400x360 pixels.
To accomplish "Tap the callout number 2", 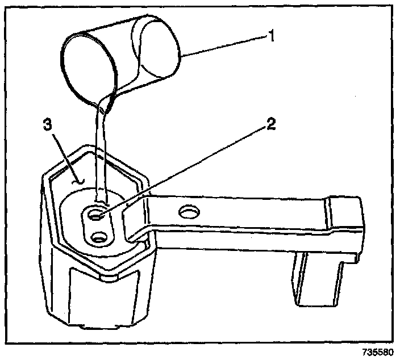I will [271, 123].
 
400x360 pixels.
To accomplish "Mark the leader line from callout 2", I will [188, 168].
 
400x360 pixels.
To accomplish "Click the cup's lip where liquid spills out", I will [106, 102].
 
